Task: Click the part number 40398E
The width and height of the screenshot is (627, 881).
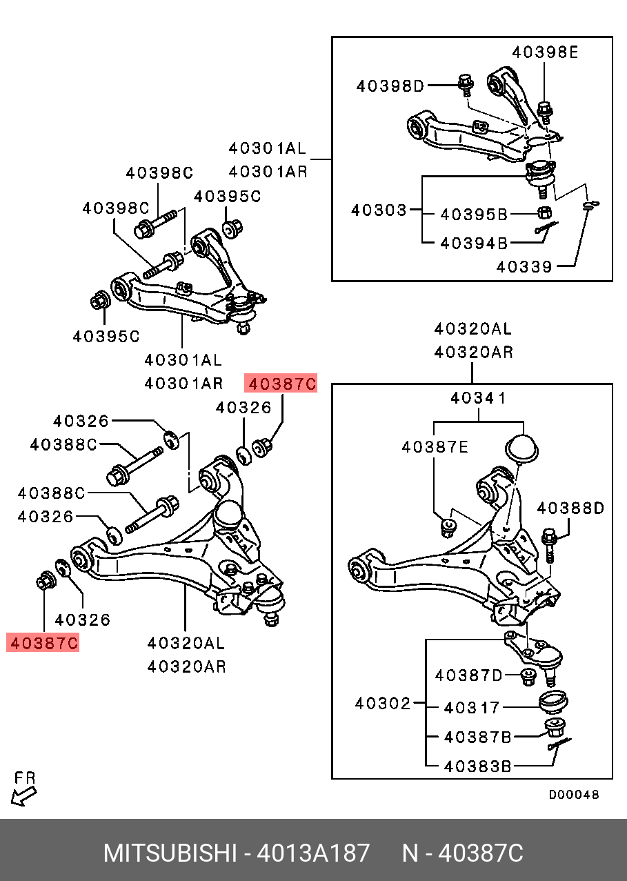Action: click(544, 52)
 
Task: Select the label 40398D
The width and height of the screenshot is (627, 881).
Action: click(390, 86)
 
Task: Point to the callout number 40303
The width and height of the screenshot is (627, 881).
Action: click(379, 209)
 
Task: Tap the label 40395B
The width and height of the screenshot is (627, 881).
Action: click(474, 215)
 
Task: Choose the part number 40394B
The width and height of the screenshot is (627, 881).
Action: click(474, 243)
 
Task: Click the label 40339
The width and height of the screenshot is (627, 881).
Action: click(524, 267)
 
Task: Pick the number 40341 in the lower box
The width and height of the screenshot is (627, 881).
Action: click(478, 398)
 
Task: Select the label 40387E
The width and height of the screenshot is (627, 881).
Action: click(435, 447)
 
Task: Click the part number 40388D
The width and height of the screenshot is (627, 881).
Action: click(570, 508)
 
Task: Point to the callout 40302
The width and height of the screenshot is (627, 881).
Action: click(383, 704)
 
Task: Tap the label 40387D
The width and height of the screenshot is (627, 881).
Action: click(469, 675)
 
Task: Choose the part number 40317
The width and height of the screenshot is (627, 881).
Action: click(472, 707)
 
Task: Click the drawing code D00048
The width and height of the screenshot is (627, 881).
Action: click(574, 795)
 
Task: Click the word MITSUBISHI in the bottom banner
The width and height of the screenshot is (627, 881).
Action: click(168, 853)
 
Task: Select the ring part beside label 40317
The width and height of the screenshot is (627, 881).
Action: click(553, 702)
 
